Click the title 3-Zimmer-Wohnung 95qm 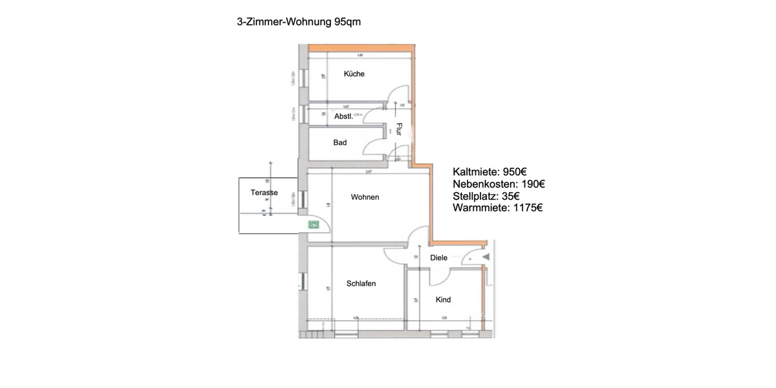tap(298, 22)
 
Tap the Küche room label tap(354, 74)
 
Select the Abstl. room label tap(343, 116)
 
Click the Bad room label tap(339, 142)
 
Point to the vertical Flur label tap(399, 129)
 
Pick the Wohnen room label tap(365, 197)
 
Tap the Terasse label tap(264, 193)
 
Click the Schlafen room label tap(361, 283)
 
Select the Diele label tap(438, 258)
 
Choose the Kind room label tap(443, 299)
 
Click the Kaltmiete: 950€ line tap(490, 173)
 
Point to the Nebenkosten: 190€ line tap(499, 184)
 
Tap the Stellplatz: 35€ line tap(486, 196)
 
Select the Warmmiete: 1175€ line tap(497, 208)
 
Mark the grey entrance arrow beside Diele tap(486, 257)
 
